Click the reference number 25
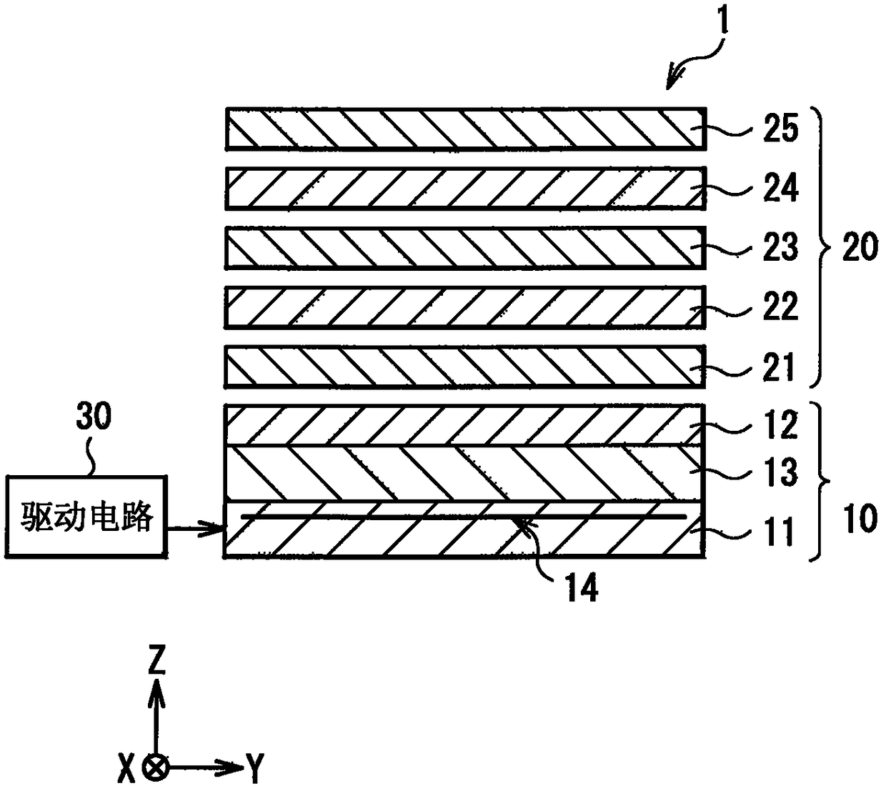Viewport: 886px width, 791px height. click(780, 128)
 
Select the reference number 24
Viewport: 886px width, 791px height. click(781, 187)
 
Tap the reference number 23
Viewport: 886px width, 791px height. click(780, 247)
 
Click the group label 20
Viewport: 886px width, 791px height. click(860, 247)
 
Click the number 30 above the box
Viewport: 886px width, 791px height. click(94, 416)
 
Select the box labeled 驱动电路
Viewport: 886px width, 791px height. click(86, 517)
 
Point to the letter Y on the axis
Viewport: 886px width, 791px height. click(255, 768)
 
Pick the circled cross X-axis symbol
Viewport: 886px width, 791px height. click(156, 768)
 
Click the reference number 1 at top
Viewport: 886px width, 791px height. click(723, 19)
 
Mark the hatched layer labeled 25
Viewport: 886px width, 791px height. click(466, 129)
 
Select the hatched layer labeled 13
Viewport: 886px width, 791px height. click(464, 473)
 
